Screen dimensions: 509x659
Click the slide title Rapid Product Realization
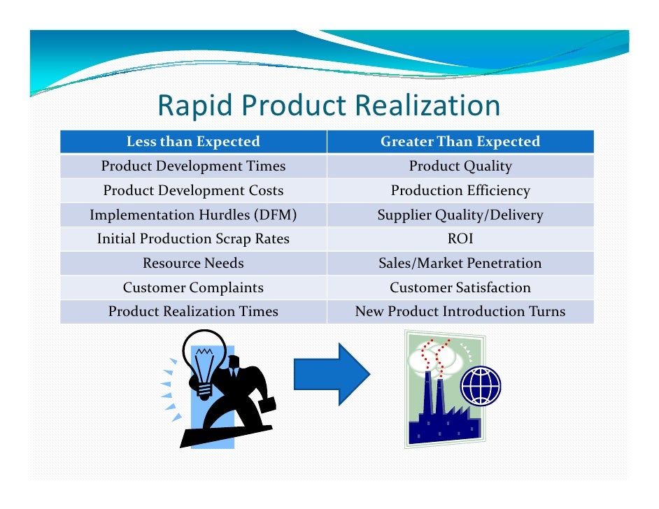coord(329,106)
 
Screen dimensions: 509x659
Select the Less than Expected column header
coord(193,142)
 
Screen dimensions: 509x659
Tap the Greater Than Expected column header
coord(460,142)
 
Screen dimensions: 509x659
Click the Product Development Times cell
coord(193,166)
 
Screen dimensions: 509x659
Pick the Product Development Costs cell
coord(193,191)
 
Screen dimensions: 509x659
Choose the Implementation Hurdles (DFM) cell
coord(193,215)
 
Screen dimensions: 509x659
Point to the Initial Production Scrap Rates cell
coord(193,239)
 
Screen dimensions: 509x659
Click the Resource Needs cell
coord(193,264)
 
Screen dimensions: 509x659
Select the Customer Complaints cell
coord(193,287)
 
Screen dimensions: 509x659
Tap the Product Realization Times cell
coord(193,312)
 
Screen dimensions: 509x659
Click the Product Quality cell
coord(460,166)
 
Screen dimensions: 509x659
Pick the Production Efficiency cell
coord(460,191)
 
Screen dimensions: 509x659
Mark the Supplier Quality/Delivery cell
coord(460,215)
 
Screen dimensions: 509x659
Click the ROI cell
coord(460,239)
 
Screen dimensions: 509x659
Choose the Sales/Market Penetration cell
coord(460,264)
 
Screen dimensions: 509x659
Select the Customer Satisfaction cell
coord(460,287)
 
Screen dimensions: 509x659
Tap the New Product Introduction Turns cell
coord(460,312)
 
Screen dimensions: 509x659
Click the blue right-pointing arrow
coord(331,374)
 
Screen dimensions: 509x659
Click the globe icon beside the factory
coord(481,385)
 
